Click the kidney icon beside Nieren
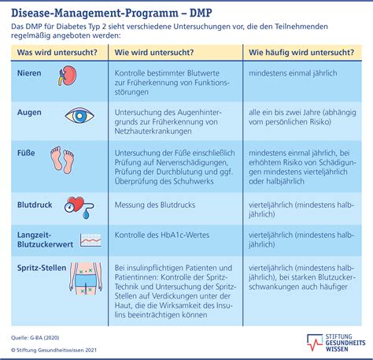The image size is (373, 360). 67,76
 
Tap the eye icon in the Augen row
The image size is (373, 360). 79,115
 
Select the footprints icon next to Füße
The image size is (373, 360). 62,160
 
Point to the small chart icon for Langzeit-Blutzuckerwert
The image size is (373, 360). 90,240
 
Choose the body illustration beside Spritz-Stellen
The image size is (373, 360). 86,278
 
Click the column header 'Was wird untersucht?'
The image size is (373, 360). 57,52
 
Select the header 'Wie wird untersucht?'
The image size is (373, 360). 154,52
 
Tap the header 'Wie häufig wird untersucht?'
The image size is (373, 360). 301,52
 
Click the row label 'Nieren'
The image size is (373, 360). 29,73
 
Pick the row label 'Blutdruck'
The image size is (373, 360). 35,205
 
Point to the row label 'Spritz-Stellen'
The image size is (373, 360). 42,268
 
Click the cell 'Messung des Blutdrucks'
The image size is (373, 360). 155,205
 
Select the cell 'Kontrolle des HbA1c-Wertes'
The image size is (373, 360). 162,235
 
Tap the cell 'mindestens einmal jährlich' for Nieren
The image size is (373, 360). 293,73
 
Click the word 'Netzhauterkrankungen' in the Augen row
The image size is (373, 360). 153,131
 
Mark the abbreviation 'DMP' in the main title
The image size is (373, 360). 201,13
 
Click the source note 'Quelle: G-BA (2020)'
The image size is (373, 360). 35,338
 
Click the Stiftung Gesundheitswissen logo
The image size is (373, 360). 336,343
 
